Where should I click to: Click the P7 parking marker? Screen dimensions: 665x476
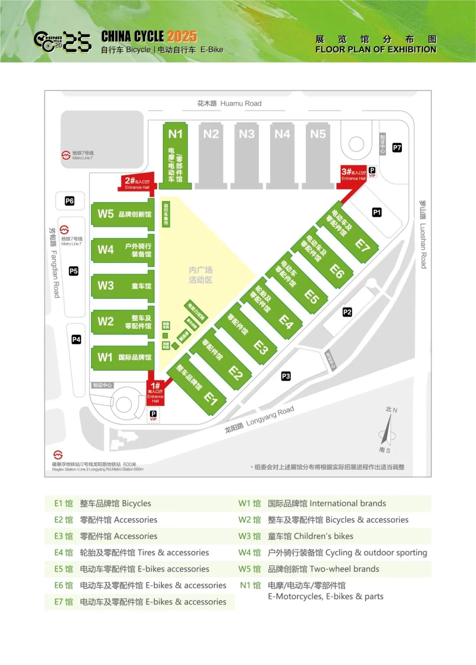[x=397, y=148]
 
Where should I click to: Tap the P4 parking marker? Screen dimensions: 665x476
[x=76, y=339]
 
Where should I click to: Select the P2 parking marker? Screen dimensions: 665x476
[x=347, y=312]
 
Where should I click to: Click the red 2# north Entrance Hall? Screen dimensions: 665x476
[x=137, y=183]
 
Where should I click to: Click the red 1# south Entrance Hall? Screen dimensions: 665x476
[x=155, y=392]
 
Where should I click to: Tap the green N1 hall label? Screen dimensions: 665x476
[x=175, y=134]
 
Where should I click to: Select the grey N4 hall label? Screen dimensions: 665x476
[x=282, y=134]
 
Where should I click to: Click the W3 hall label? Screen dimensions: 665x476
[x=106, y=286]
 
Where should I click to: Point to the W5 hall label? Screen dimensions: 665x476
[x=106, y=214]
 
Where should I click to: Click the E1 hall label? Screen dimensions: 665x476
[x=211, y=399]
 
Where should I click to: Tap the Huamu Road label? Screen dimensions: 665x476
[x=229, y=104]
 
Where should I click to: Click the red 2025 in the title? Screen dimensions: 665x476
[x=182, y=36]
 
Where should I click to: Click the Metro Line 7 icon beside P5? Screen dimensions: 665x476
[x=64, y=230]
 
